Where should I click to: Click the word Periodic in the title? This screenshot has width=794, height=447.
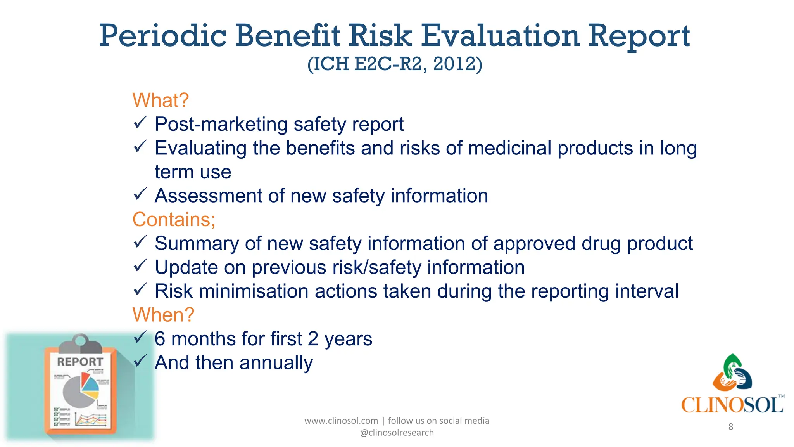click(163, 36)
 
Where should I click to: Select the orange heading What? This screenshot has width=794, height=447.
click(160, 100)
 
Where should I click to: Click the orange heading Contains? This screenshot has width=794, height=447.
click(174, 220)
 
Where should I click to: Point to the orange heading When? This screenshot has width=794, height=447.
click(163, 315)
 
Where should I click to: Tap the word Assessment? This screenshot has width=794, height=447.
click(208, 196)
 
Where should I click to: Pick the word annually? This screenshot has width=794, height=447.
click(276, 363)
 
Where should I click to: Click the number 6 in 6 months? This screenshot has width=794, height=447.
click(160, 339)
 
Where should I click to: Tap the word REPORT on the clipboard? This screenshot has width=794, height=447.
click(80, 362)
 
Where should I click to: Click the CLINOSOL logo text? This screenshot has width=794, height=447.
click(732, 405)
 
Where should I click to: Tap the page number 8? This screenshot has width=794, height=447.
click(731, 427)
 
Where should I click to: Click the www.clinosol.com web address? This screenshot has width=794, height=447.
click(341, 421)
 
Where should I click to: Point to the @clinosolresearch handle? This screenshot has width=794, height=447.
click(397, 433)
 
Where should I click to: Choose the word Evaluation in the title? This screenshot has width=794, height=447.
click(500, 36)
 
